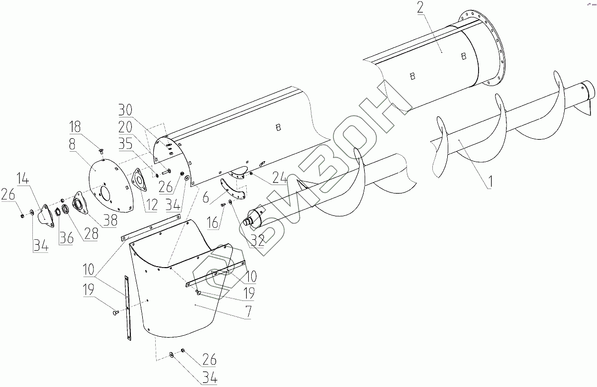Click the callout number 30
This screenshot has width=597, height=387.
click(x=125, y=110)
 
